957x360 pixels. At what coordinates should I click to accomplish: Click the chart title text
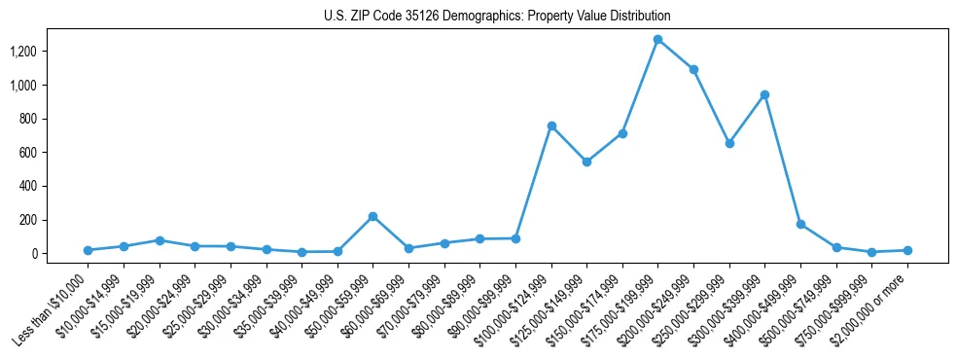point(497,17)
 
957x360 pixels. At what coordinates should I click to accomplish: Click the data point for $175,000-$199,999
point(658,40)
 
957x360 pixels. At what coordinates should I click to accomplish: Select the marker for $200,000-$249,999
point(693,69)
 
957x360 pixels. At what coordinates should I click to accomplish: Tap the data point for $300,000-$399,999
point(764,94)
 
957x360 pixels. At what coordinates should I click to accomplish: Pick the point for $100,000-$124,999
point(551,126)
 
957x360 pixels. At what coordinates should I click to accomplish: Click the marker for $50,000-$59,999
point(372,216)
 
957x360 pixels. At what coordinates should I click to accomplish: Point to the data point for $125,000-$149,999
point(586,162)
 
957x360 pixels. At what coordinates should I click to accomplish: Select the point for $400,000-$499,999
point(800,224)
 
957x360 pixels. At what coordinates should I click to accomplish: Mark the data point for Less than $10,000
point(88,250)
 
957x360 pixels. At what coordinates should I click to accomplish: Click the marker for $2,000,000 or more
point(907,250)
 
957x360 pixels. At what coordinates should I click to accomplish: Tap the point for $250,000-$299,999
point(729,143)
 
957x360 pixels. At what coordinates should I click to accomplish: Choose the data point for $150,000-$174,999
point(622,133)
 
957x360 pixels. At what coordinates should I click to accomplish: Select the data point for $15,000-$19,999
point(159,240)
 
